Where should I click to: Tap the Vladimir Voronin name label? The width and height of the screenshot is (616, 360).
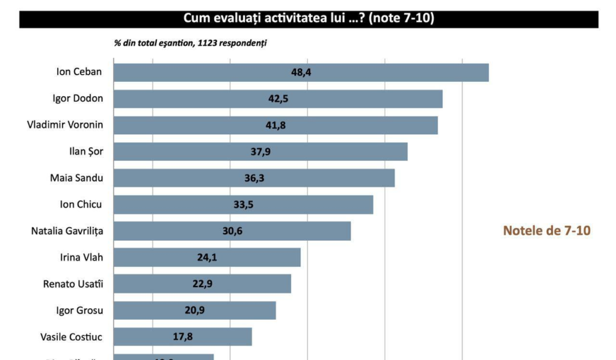coord(65,125)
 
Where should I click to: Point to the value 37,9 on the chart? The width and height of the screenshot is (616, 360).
coord(260,152)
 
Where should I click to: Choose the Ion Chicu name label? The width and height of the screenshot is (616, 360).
coord(81,205)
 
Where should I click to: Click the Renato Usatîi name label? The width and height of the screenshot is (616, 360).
coord(73,284)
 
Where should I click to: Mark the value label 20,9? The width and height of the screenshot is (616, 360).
coord(194,311)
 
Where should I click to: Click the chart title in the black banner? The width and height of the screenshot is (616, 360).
coord(309,19)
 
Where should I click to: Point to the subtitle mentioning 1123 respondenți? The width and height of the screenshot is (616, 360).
coord(190,44)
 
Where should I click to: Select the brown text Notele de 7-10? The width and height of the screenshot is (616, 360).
coord(546,231)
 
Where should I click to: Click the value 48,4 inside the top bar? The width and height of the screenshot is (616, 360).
coord(301,72)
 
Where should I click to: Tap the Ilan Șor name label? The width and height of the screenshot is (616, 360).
coord(86,152)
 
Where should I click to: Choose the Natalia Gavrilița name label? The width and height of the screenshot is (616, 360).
coord(67,231)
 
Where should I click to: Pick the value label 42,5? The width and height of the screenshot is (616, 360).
coord(278,99)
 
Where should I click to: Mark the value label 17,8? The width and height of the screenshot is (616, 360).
coord(182,337)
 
